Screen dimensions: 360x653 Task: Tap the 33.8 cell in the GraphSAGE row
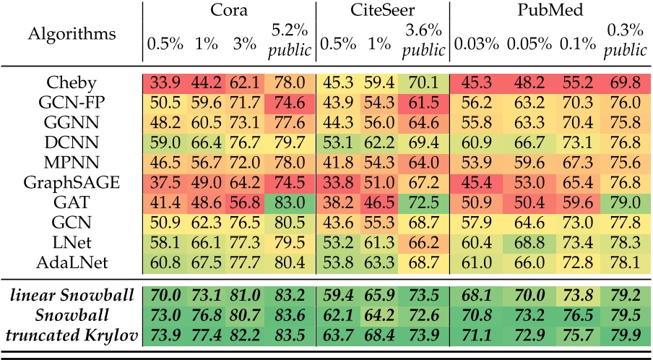coord(337,182)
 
